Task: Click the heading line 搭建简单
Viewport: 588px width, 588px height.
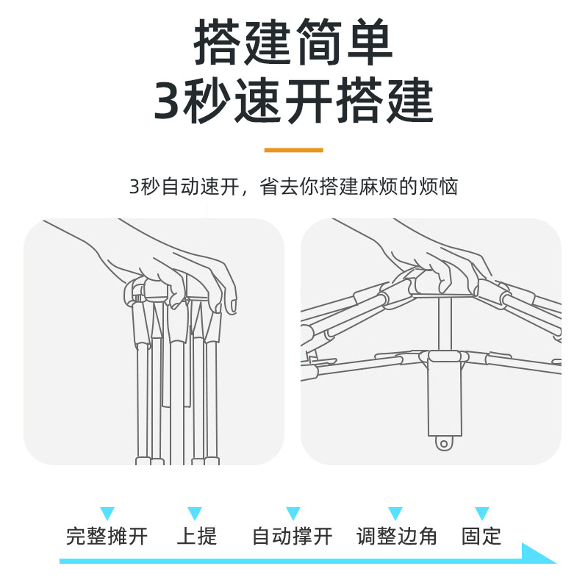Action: point(294,44)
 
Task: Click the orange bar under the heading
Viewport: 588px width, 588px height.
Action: point(293,150)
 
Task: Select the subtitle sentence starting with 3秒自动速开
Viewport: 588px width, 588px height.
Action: point(293,187)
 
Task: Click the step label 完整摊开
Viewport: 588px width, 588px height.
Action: point(107,536)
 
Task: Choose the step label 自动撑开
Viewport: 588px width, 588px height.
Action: point(293,536)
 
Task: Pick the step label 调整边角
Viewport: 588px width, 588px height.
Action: point(397,536)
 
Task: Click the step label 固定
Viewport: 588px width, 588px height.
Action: point(481,536)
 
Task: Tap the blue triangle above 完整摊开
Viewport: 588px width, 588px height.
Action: point(107,513)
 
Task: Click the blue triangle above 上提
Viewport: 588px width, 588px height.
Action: point(194,513)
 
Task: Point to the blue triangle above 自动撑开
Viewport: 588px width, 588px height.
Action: point(293,513)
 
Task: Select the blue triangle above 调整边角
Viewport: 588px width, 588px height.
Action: point(395,513)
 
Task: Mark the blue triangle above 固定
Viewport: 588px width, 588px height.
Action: point(481,513)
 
